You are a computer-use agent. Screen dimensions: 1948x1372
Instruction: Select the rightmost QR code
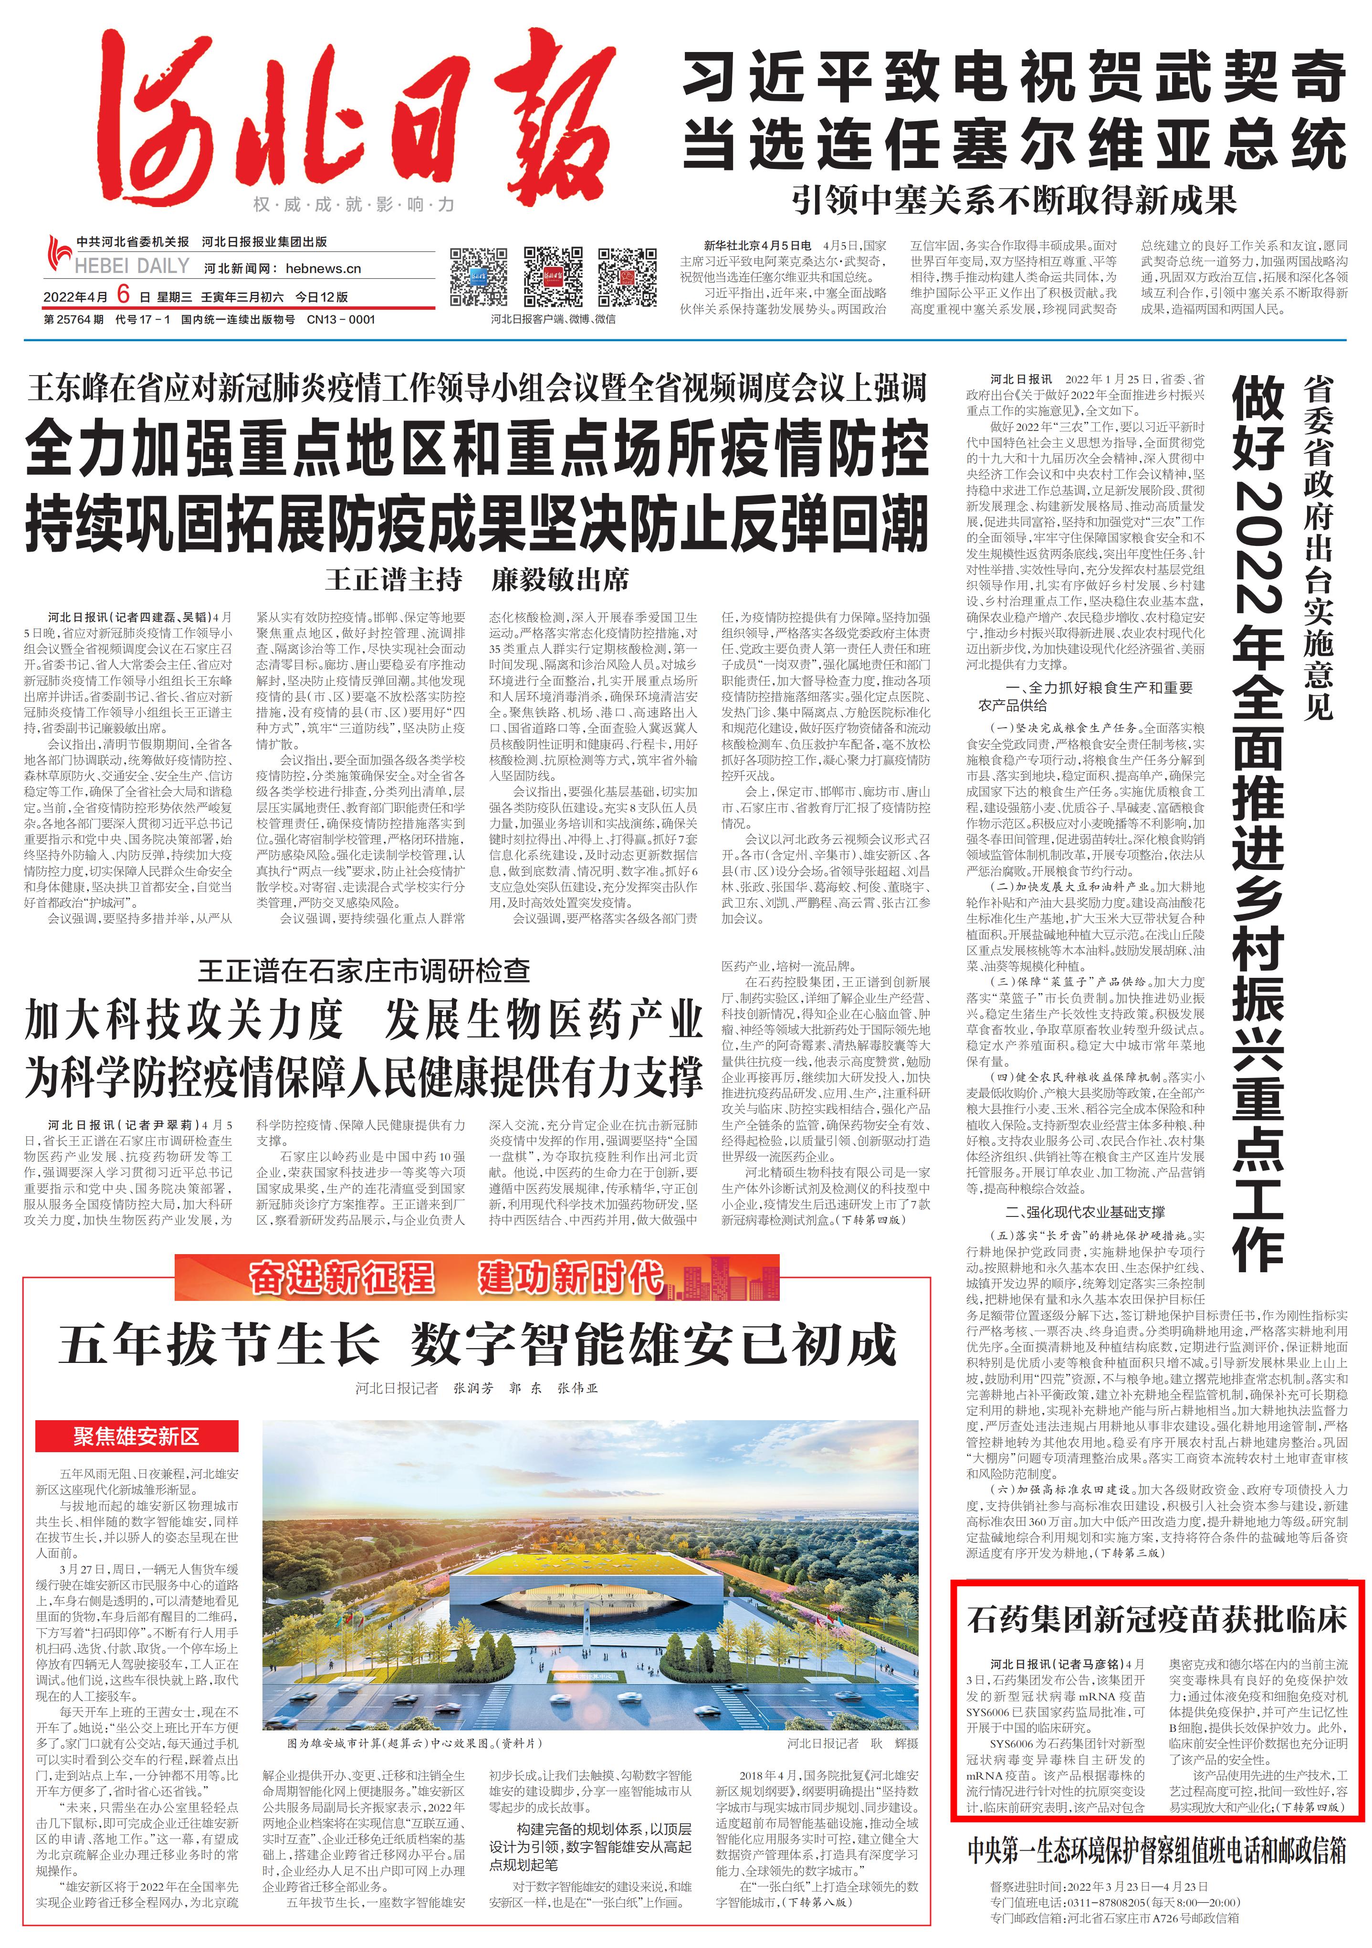coord(627,277)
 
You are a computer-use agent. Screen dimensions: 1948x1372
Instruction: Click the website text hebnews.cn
coord(323,268)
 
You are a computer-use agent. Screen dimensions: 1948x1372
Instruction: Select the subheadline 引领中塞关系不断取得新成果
coord(1014,199)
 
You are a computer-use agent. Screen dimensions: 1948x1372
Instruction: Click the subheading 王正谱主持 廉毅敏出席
coord(477,580)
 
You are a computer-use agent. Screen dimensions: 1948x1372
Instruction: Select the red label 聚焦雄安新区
coord(136,1436)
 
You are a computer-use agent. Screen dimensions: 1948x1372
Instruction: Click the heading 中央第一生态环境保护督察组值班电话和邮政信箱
coord(1156,1851)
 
